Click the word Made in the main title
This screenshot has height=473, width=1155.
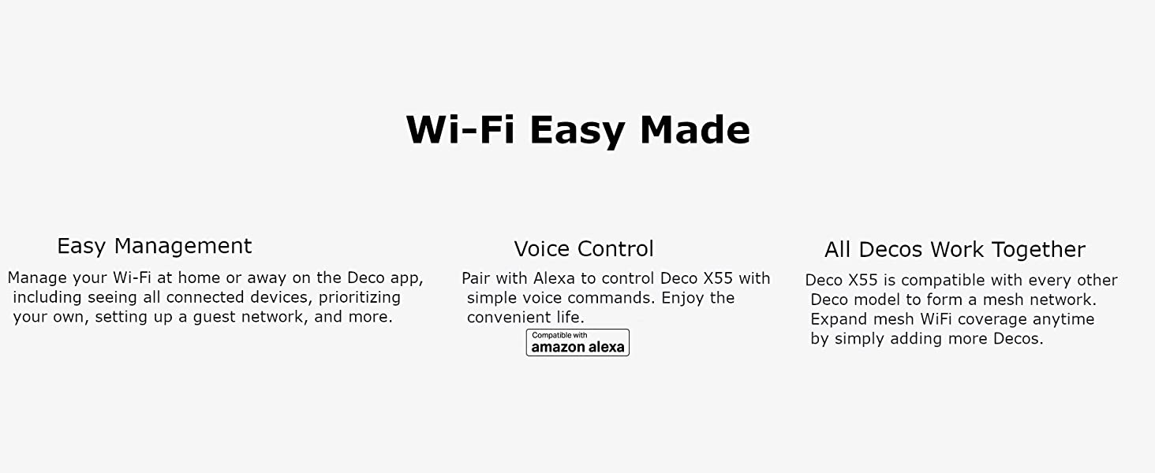tap(694, 129)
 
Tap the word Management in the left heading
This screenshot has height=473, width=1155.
tap(183, 247)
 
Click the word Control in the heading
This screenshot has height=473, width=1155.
tap(615, 249)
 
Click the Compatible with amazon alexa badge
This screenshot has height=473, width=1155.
tap(577, 343)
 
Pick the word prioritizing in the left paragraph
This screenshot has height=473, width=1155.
tap(360, 298)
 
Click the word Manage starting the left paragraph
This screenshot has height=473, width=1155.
tap(37, 278)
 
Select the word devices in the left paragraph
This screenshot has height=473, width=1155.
tap(278, 298)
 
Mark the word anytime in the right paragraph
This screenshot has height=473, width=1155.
tap(1063, 320)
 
